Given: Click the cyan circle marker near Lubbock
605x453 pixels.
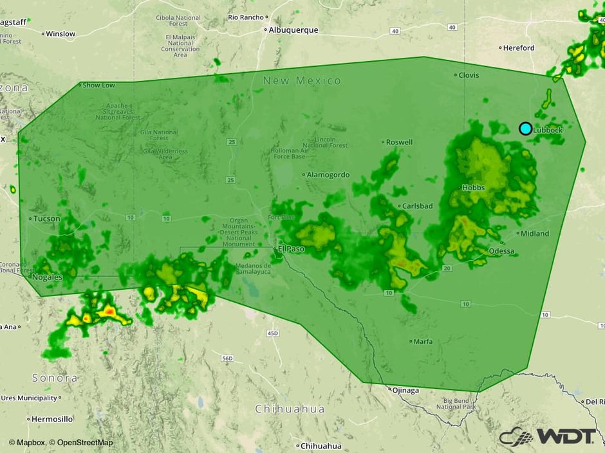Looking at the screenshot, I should tap(525, 129).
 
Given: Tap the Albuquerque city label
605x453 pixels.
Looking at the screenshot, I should tap(294, 30).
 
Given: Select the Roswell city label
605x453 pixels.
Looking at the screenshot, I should tap(399, 142).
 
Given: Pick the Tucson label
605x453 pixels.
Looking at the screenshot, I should tap(46, 218).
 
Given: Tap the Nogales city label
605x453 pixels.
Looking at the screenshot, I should tap(49, 277).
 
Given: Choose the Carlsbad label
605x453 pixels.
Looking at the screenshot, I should tap(418, 206).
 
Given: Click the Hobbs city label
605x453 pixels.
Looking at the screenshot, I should tap(473, 188).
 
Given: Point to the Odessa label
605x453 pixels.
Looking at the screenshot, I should tap(502, 251).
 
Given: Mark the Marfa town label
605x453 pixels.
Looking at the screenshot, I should tap(423, 341).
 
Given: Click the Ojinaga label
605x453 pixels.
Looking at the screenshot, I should tap(405, 390).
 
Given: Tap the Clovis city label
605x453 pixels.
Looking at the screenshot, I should tap(469, 75).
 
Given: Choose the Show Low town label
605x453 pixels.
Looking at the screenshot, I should tap(98, 85).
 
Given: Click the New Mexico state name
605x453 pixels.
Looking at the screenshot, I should tap(302, 81).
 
